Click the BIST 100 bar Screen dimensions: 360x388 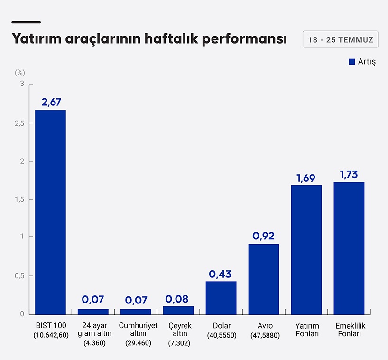(x=50, y=212)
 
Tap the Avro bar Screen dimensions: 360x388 (x=264, y=279)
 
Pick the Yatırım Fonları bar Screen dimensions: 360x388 (x=306, y=249)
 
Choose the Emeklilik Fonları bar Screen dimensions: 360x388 (x=349, y=248)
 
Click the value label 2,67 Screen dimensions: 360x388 (x=51, y=102)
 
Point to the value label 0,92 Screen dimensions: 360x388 (x=264, y=236)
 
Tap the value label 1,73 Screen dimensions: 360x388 (x=349, y=174)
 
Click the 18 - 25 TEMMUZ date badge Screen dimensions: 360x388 (x=340, y=39)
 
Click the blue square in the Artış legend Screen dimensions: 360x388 (x=352, y=62)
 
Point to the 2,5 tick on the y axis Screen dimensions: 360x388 (x=19, y=123)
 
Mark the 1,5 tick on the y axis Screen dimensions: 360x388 (x=19, y=199)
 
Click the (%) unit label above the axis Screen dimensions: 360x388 (x=19, y=73)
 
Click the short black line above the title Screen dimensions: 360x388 (x=26, y=22)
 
